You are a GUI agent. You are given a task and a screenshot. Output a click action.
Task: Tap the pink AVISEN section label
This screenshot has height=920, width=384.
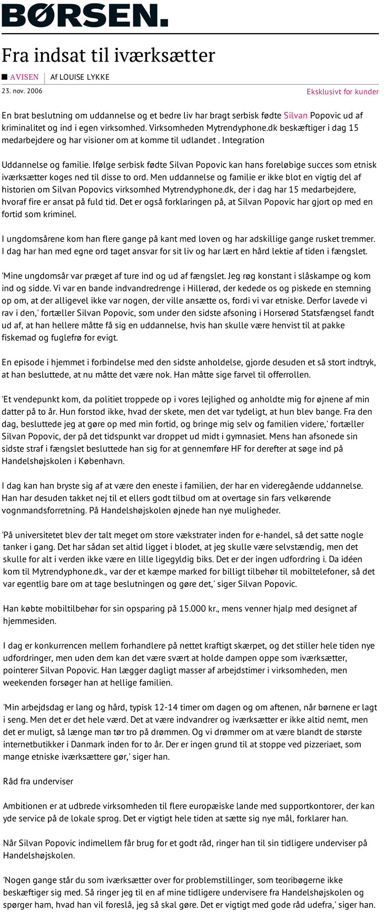[x=24, y=77]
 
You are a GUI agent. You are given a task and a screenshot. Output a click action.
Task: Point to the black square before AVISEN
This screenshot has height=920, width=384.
[x=5, y=77]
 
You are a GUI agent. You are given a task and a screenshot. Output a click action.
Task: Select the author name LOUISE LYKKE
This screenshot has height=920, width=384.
[x=84, y=77]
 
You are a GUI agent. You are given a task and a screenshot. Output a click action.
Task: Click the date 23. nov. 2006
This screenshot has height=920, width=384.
[x=22, y=91]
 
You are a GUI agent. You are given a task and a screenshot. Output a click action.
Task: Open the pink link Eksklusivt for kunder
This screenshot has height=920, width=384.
[x=342, y=92]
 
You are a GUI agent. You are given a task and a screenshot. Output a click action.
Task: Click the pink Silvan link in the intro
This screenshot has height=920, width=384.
[x=296, y=115]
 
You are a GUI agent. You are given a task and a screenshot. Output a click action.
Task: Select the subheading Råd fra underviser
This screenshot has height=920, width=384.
[x=38, y=781]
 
